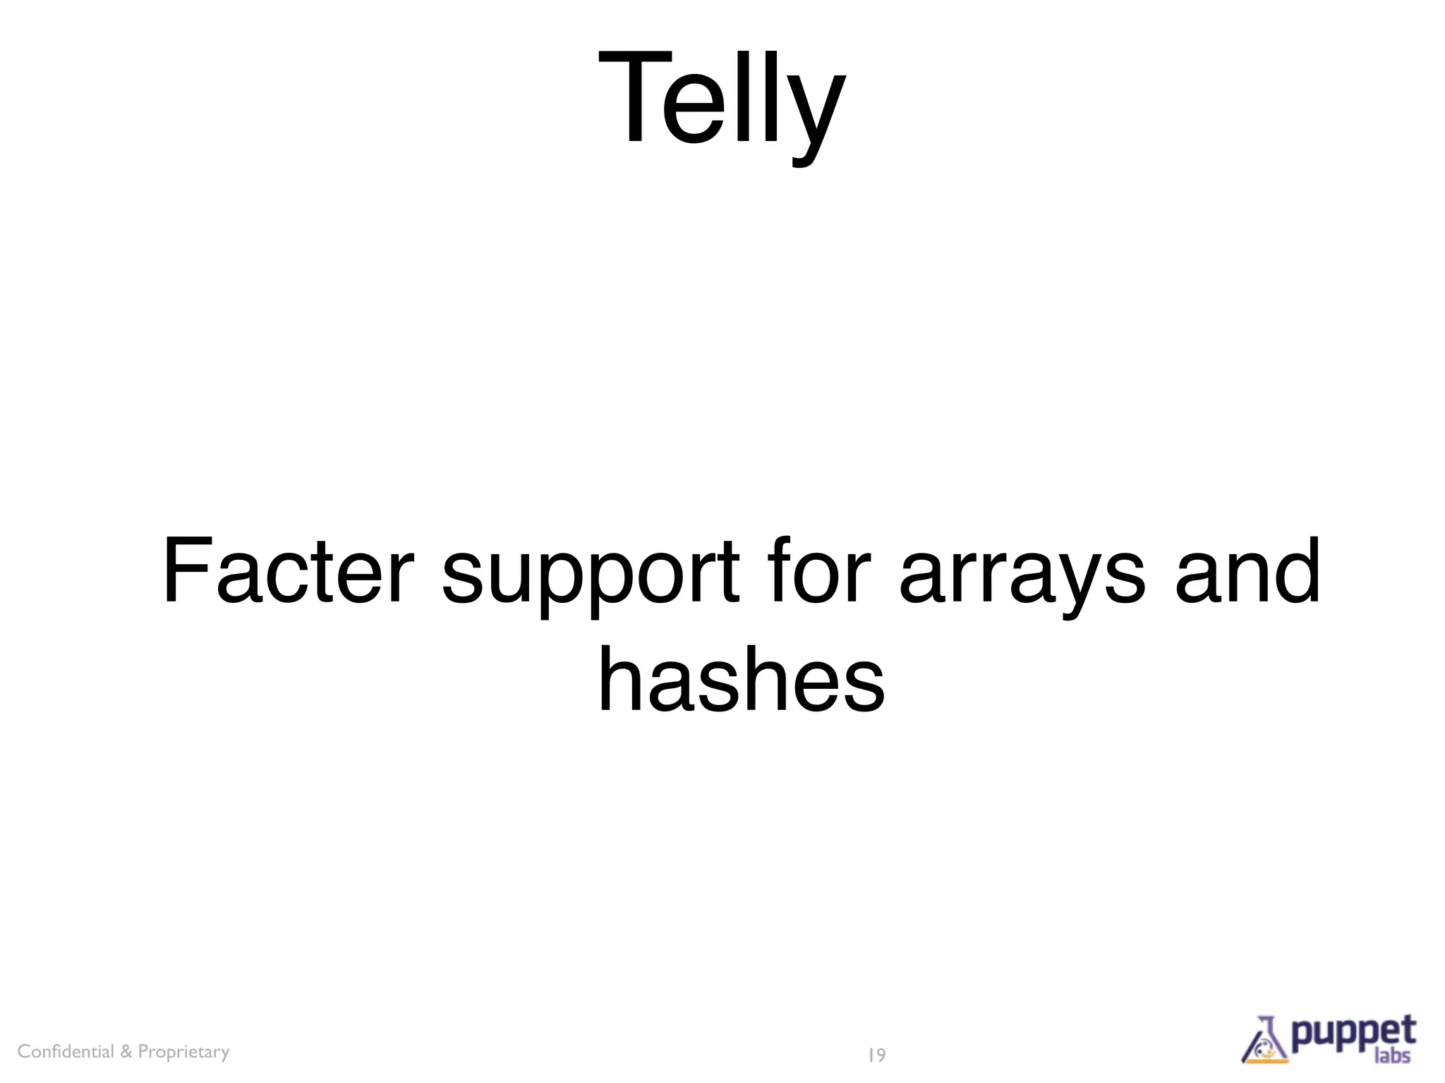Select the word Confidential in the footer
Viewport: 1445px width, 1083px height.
coord(66,1051)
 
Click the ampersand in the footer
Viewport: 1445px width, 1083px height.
coord(126,1051)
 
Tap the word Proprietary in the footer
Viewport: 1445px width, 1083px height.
coord(183,1052)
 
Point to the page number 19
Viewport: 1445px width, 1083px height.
coord(876,1055)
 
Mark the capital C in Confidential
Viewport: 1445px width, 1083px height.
coord(23,1051)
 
